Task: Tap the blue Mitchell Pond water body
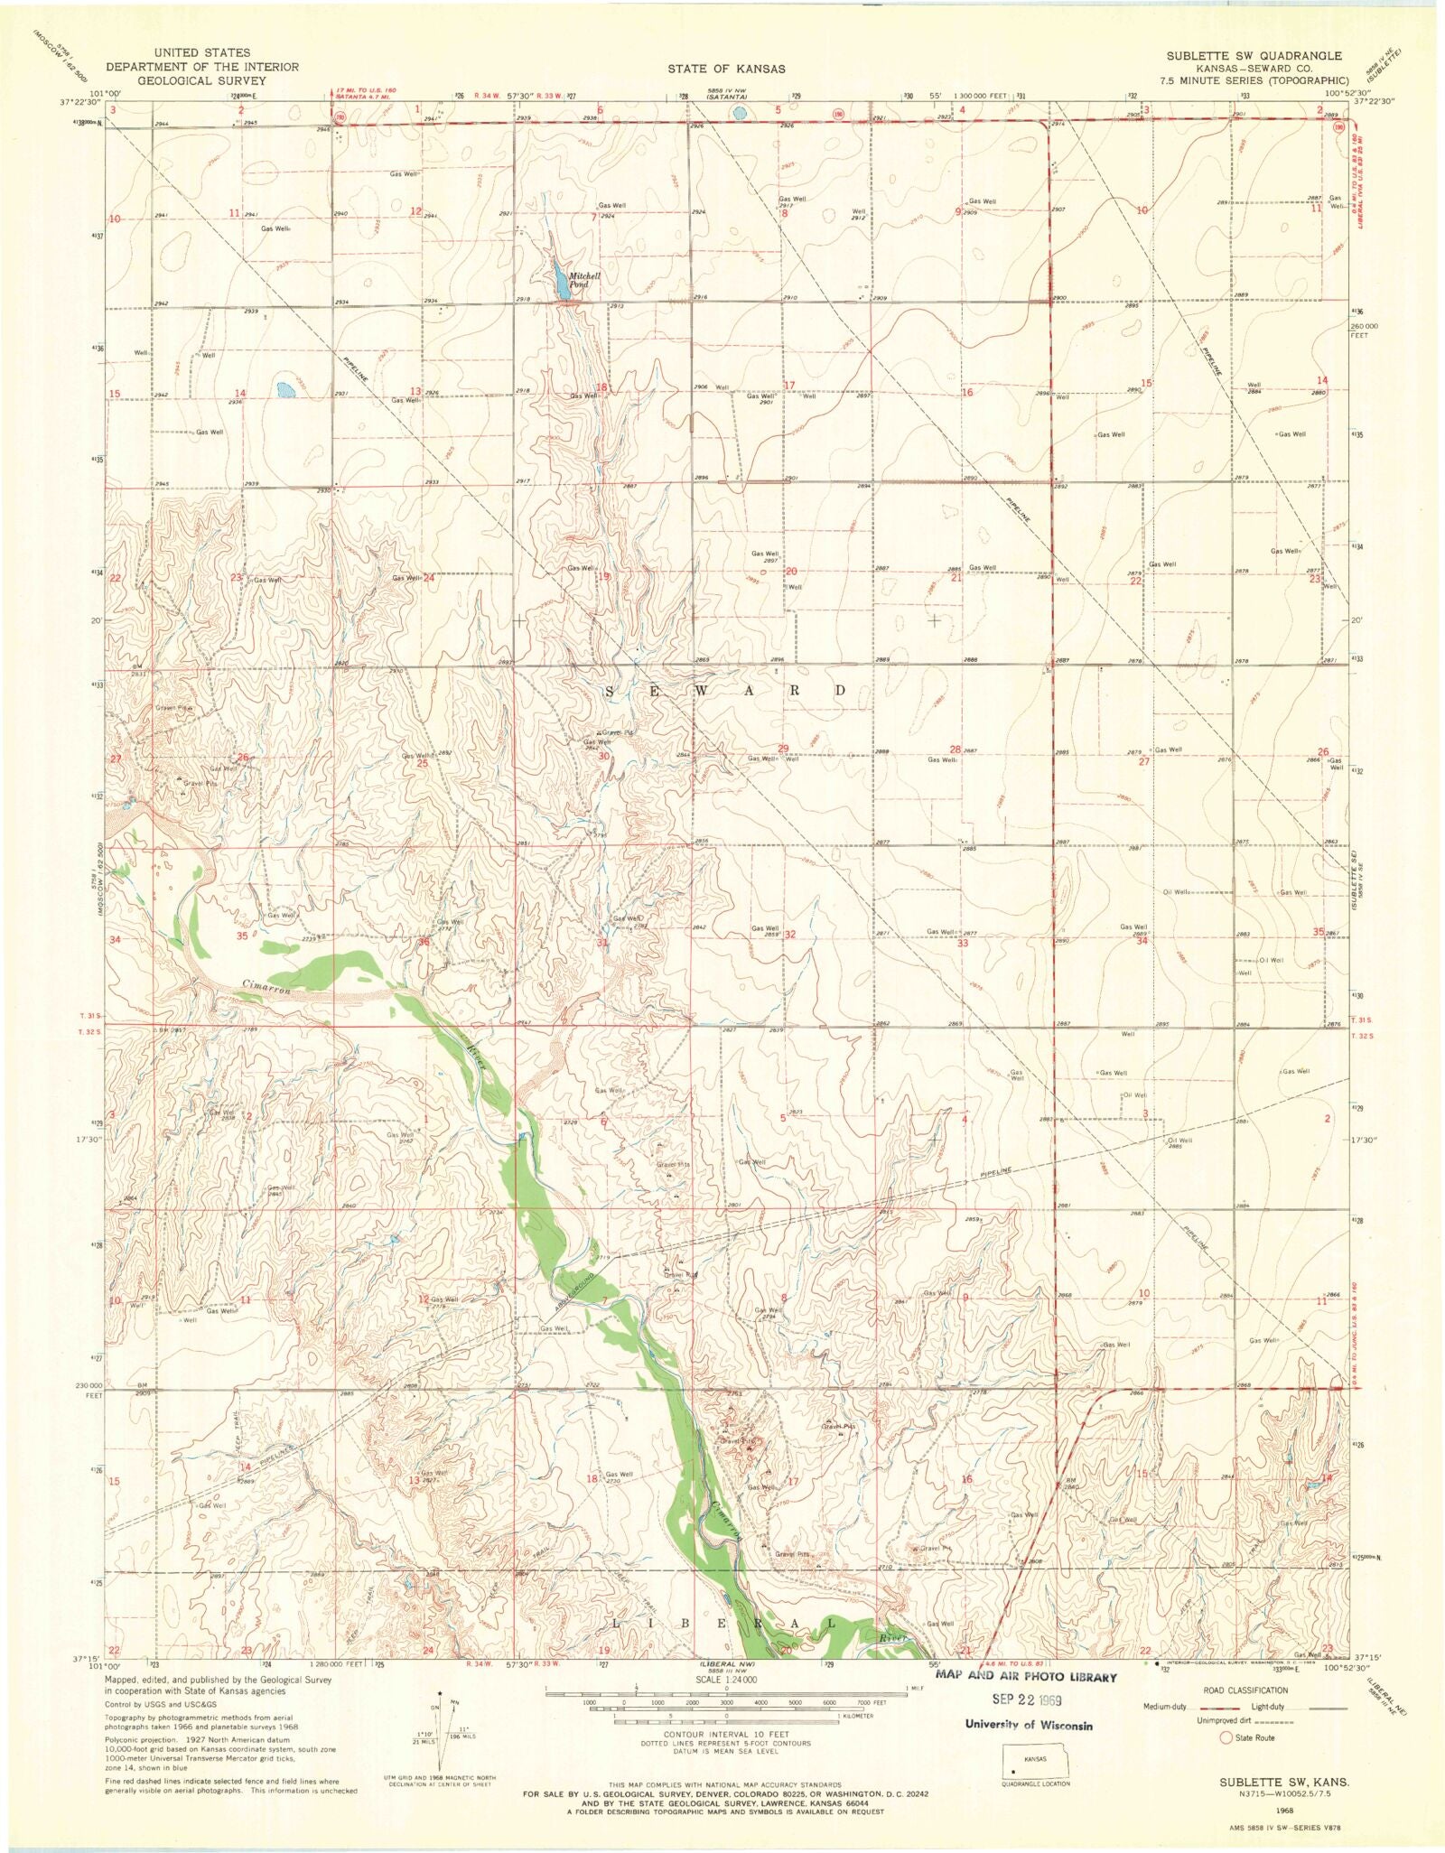(562, 287)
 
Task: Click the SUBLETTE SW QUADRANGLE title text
(1253, 55)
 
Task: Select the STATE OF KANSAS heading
(726, 69)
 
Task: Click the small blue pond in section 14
(286, 390)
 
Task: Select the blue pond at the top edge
(740, 113)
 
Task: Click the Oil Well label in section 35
(1271, 960)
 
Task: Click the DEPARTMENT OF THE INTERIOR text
(201, 67)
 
